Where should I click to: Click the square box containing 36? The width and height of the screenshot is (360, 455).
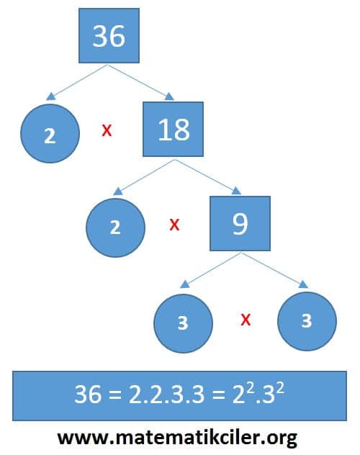[109, 36]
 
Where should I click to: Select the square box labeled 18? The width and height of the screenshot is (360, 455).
[174, 129]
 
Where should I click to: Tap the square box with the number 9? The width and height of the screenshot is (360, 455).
[240, 223]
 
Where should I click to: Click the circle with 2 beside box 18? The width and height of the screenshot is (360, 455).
[50, 133]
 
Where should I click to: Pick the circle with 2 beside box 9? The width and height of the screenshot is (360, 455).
[115, 227]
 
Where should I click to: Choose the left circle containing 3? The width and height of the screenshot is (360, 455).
[183, 323]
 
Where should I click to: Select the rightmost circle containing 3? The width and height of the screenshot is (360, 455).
[307, 321]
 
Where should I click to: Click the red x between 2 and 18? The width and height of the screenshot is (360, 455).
[107, 130]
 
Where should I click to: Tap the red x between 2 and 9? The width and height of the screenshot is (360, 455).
[174, 225]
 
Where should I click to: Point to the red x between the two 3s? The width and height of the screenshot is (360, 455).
[246, 320]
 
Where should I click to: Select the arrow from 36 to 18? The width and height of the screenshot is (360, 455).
[141, 82]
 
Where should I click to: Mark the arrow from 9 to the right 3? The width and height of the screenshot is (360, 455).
[274, 271]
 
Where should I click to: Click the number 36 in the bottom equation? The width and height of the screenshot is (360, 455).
[88, 394]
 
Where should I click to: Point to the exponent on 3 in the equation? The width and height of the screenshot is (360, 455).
[280, 387]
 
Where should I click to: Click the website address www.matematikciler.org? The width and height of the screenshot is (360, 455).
[177, 438]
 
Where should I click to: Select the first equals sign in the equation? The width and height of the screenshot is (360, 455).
[115, 395]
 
